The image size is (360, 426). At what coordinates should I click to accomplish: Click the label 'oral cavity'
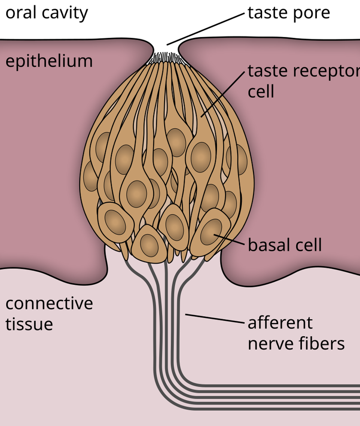pyautogui.click(x=47, y=13)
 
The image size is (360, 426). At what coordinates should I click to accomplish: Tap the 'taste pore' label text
pyautogui.click(x=288, y=13)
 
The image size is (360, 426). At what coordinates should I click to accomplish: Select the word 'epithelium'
pyautogui.click(x=48, y=61)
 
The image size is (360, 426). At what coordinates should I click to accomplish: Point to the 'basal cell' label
pyautogui.click(x=285, y=245)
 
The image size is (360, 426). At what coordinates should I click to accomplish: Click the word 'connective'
pyautogui.click(x=48, y=304)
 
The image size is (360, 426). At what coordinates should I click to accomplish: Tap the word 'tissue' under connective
pyautogui.click(x=29, y=324)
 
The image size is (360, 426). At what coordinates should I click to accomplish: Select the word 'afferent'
pyautogui.click(x=280, y=322)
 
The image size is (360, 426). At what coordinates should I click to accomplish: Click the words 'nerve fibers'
pyautogui.click(x=296, y=343)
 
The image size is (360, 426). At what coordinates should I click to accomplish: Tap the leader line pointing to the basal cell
pyautogui.click(x=231, y=240)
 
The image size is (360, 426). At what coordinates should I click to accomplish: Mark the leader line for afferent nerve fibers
pyautogui.click(x=214, y=318)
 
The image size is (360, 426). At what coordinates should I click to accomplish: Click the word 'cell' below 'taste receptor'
pyautogui.click(x=261, y=92)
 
